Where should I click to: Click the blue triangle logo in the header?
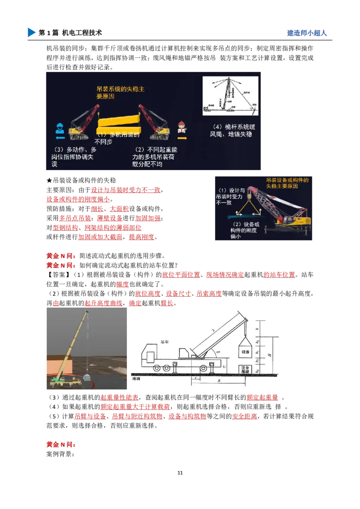[31, 32]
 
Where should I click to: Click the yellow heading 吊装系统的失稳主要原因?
[121, 93]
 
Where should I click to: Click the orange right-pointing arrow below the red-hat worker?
[182, 138]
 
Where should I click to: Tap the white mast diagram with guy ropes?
[230, 96]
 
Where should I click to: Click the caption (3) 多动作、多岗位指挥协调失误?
[74, 156]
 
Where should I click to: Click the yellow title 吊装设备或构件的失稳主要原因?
[287, 183]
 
